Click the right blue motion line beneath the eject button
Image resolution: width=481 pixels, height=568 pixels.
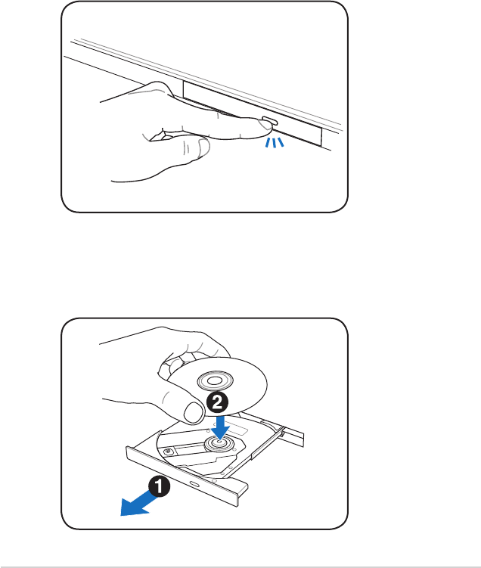point(281,143)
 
